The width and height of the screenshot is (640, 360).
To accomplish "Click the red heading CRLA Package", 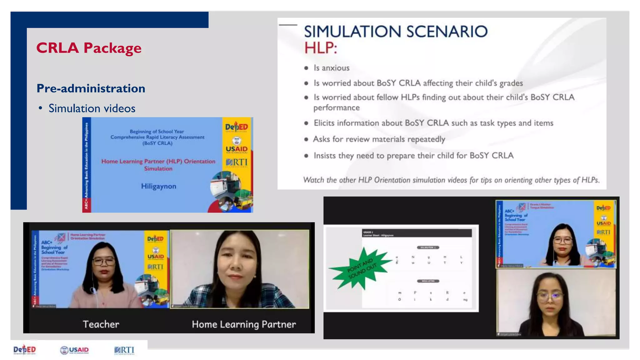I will click(89, 48).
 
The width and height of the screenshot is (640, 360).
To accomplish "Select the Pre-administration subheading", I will click(91, 88).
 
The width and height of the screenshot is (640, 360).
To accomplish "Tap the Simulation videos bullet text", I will click(92, 108).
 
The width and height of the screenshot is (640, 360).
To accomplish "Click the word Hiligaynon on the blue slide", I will click(158, 186).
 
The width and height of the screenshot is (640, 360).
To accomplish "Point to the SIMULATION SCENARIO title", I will click(395, 32).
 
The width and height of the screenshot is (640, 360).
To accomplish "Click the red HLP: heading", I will click(321, 48).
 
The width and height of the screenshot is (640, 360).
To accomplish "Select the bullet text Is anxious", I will click(331, 68).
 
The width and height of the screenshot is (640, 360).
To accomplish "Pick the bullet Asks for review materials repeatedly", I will click(379, 139).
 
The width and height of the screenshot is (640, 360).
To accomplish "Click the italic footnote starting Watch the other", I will click(451, 180).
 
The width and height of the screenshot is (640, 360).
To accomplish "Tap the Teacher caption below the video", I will click(101, 324).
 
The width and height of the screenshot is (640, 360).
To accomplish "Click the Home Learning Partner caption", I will click(244, 324).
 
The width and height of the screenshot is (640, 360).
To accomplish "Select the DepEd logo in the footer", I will click(25, 350).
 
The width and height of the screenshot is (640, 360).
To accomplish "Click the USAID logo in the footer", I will click(74, 350).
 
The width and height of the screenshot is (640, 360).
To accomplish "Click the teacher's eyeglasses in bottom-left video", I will click(103, 261).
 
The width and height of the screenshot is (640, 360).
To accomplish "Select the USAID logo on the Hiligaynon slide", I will click(237, 149).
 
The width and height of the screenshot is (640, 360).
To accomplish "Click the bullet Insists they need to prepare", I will click(413, 156).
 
